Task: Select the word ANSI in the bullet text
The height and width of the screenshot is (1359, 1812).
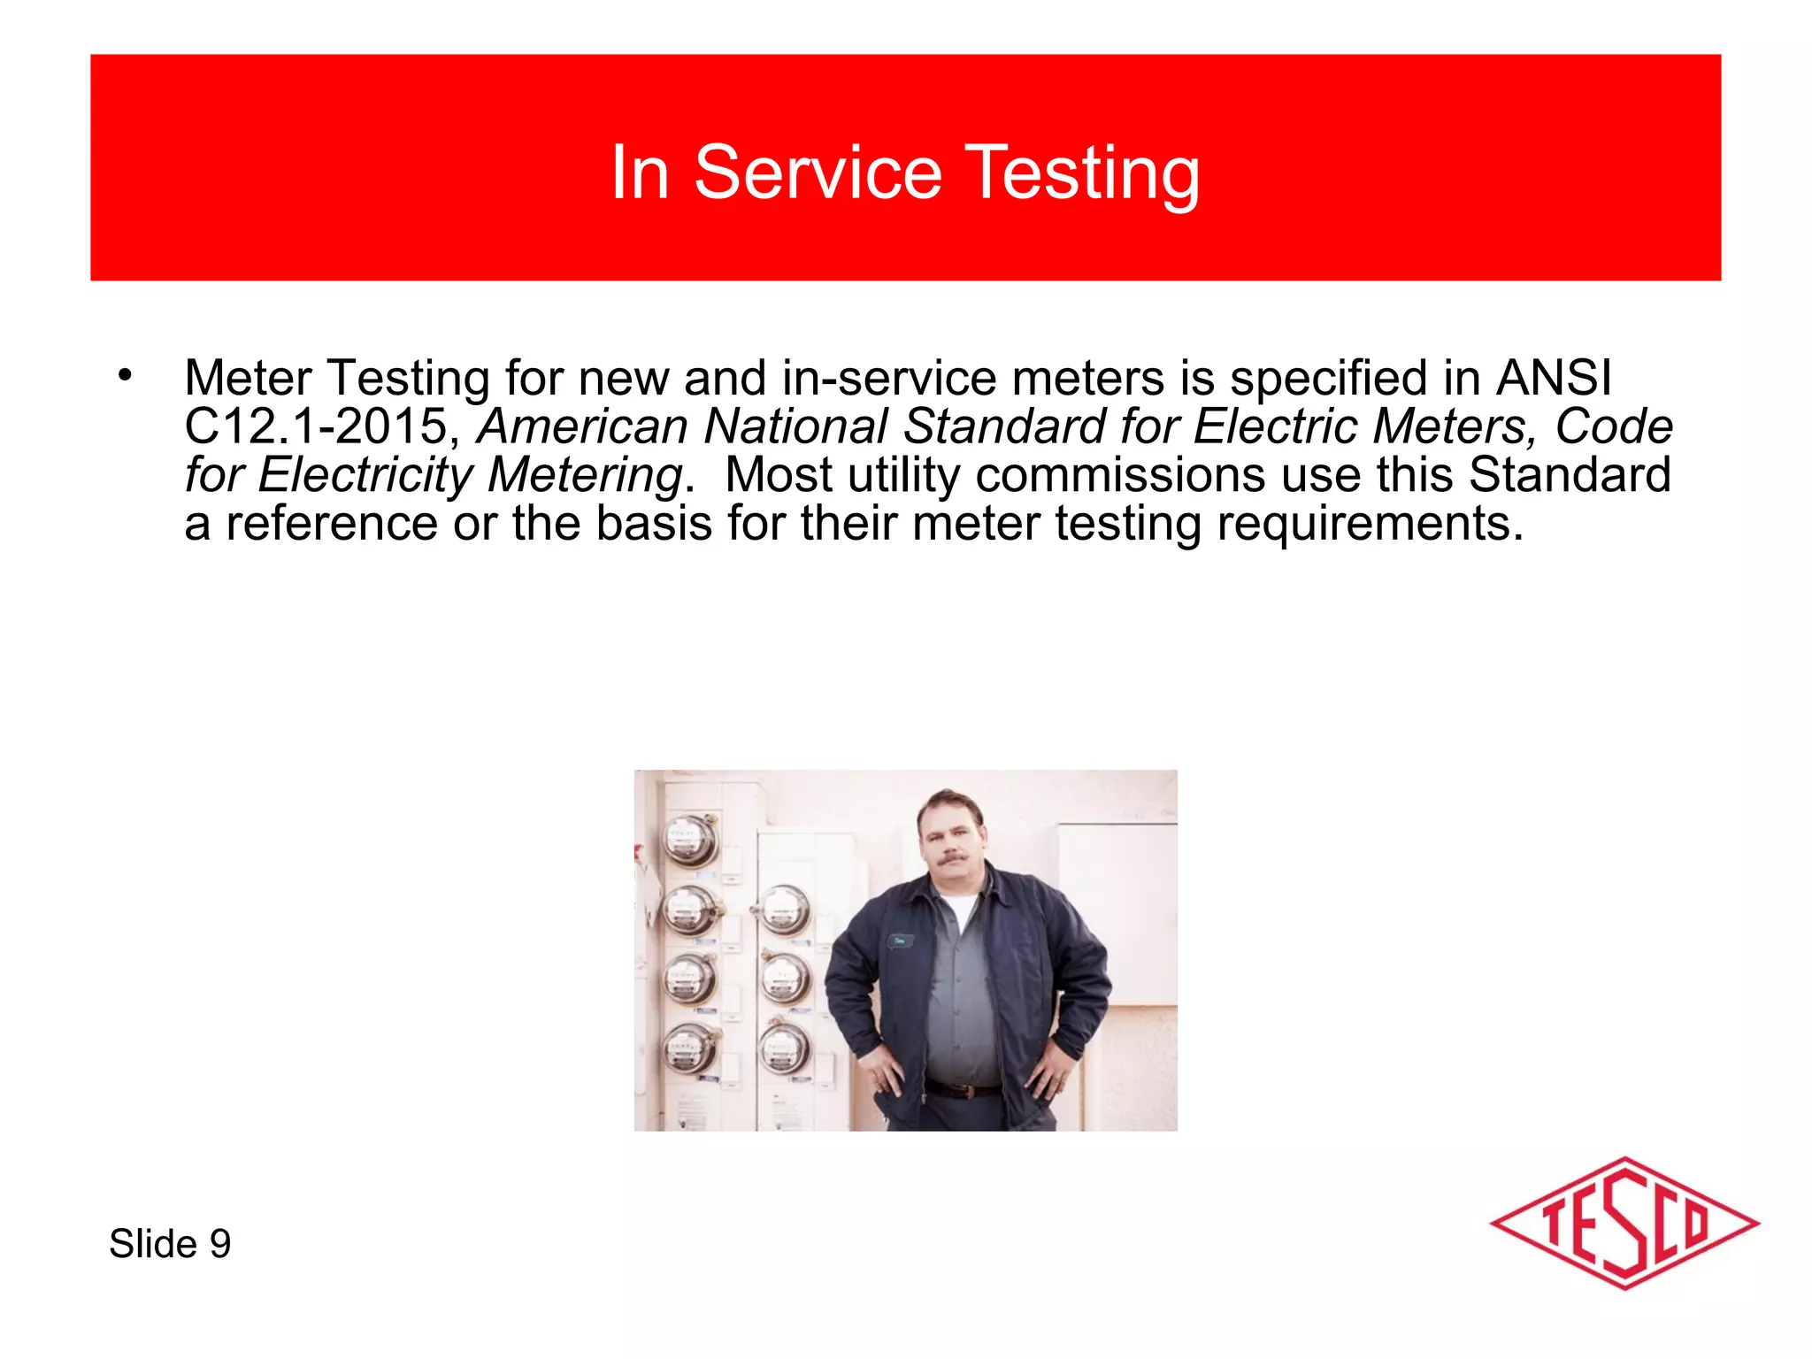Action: [x=1554, y=379]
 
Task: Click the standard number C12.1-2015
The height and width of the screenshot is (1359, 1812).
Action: [x=316, y=426]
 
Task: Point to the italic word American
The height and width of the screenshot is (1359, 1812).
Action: [x=582, y=426]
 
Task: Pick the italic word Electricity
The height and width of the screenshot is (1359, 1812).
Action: [x=366, y=475]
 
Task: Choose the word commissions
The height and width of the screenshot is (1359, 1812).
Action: [x=1120, y=475]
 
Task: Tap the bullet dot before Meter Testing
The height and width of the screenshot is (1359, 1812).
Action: [x=125, y=375]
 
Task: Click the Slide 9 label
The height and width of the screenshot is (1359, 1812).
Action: [x=170, y=1244]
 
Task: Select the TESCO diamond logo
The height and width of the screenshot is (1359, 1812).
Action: [x=1624, y=1224]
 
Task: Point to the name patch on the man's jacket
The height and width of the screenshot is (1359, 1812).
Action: [x=901, y=941]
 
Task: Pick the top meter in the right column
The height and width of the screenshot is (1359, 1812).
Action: [x=782, y=910]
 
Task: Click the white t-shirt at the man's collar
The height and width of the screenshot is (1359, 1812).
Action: [x=957, y=911]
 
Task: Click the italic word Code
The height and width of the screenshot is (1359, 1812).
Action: [x=1613, y=426]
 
